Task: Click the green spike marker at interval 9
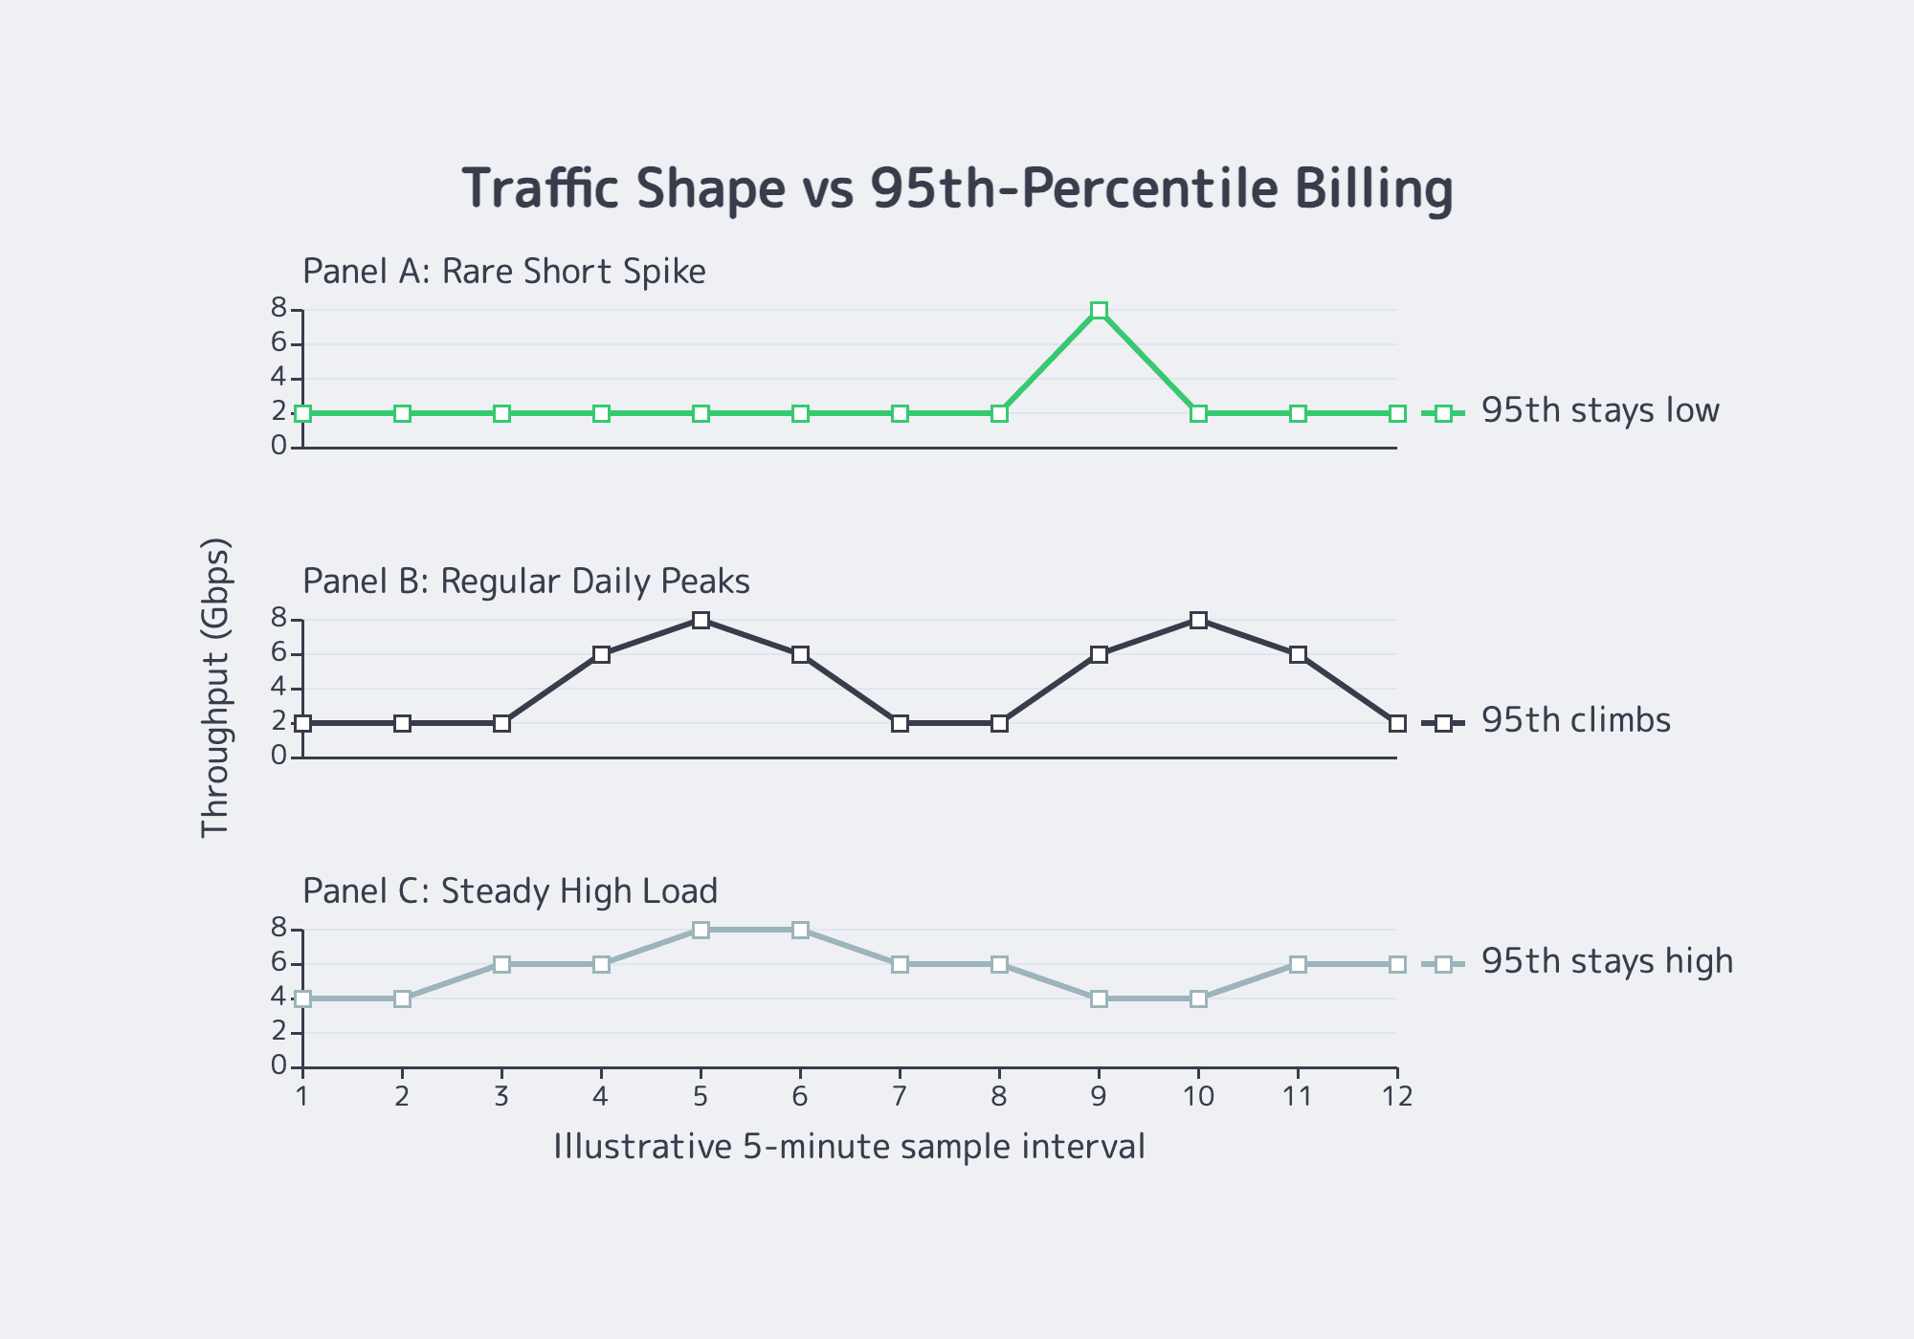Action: [1099, 311]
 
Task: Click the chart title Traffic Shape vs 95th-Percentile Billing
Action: [958, 188]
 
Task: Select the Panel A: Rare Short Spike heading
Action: [504, 272]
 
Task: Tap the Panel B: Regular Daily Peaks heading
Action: [526, 582]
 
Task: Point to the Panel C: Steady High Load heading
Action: [510, 891]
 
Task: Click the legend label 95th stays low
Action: [1600, 411]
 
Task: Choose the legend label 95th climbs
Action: [1575, 720]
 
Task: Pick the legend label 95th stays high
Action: [1607, 961]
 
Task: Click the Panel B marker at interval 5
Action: [701, 620]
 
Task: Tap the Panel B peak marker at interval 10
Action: [1198, 620]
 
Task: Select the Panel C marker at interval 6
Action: [800, 930]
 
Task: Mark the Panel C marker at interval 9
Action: [1099, 999]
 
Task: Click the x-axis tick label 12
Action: [1397, 1096]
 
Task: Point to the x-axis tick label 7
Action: [900, 1096]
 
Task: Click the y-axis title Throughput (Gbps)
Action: [215, 688]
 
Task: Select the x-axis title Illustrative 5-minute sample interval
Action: [849, 1146]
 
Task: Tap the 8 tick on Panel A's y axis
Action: [278, 308]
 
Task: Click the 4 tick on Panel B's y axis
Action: [278, 687]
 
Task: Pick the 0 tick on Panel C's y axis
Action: [278, 1065]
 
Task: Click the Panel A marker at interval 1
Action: [303, 413]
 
